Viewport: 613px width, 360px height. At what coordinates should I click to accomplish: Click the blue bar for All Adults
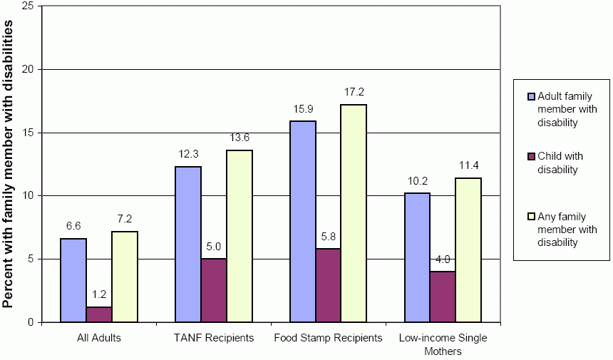tap(73, 280)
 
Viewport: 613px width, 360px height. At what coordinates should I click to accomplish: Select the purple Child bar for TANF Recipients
tap(214, 290)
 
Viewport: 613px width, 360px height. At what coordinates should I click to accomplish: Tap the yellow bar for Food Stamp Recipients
tap(354, 213)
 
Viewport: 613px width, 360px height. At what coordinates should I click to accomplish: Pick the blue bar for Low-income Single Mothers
tap(417, 257)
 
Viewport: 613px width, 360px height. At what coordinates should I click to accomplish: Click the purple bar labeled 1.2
tap(99, 314)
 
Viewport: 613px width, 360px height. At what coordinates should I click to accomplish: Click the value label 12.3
tap(188, 154)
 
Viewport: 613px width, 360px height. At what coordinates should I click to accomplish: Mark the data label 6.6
tap(73, 226)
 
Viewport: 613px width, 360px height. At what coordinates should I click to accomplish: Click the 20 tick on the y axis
tap(29, 69)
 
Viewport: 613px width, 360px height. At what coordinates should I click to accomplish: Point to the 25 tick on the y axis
tap(29, 6)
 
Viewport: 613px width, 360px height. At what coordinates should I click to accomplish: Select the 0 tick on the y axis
tap(31, 322)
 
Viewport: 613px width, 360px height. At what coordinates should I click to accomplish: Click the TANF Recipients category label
tap(214, 337)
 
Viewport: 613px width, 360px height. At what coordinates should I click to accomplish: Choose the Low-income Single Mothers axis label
tap(443, 344)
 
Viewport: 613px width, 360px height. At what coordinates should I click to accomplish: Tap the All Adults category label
tap(98, 337)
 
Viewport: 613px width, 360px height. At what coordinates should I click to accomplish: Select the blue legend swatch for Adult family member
tap(531, 96)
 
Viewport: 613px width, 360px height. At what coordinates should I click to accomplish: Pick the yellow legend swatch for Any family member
tap(531, 216)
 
